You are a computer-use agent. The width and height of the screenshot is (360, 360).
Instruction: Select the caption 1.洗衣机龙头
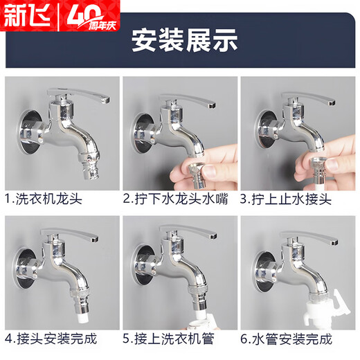pos(43,199)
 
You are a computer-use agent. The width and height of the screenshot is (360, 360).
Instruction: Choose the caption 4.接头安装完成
pos(51,339)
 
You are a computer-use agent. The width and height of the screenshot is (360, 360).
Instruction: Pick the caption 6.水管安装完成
pos(287,339)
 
